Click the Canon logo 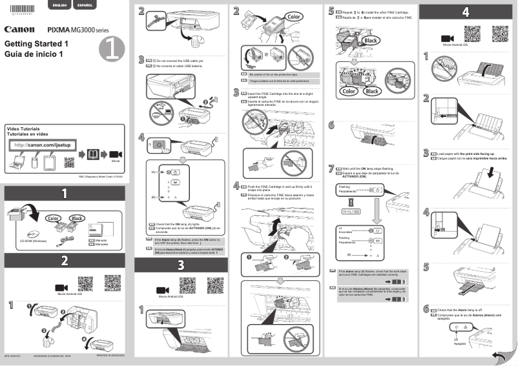pos(19,29)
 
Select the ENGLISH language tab pos(59,5)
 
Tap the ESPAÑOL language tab pos(84,5)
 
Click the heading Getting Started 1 pos(36,44)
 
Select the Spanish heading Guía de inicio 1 pos(34,54)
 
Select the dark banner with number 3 pos(180,264)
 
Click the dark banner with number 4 pos(466,12)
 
